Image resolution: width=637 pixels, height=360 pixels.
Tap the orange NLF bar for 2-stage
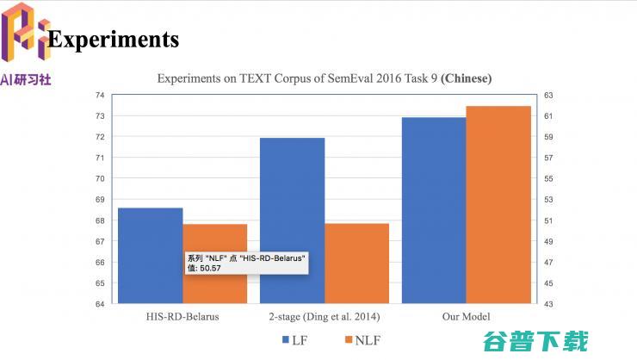coord(356,263)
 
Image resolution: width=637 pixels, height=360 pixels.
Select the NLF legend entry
coord(361,340)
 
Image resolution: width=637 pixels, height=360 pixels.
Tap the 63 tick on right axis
coord(547,95)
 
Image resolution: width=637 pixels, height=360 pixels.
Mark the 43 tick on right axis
coord(547,303)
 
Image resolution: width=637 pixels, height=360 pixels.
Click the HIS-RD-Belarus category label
coord(182,316)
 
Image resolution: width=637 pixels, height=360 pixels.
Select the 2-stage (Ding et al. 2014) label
coord(324,316)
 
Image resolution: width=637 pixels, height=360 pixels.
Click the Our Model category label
coord(466,316)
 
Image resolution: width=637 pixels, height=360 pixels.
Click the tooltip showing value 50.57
coord(246,263)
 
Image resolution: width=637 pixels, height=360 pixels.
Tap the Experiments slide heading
coord(114,40)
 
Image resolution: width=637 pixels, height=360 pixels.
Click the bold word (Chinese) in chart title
coord(466,78)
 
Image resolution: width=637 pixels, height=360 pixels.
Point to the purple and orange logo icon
coord(23,34)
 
